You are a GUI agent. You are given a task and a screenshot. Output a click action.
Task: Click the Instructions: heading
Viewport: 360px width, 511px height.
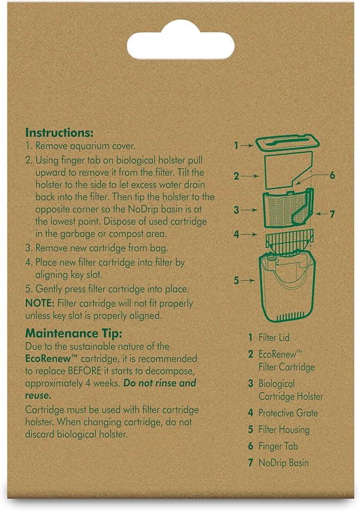59,133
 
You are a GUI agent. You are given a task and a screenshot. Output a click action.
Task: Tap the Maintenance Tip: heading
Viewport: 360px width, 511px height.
74,333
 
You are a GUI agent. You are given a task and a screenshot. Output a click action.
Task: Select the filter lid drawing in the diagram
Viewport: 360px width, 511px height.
287,143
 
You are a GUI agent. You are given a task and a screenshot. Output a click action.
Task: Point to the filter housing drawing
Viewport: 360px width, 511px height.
287,287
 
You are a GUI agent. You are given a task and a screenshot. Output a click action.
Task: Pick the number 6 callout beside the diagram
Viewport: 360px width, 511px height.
332,175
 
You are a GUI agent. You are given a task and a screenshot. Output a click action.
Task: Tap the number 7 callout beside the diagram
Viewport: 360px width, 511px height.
332,214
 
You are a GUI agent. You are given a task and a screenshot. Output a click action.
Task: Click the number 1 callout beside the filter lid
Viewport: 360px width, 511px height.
236,146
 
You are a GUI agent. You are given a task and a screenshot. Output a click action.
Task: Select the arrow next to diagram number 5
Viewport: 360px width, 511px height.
248,280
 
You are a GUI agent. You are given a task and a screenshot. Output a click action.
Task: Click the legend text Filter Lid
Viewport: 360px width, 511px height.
274,337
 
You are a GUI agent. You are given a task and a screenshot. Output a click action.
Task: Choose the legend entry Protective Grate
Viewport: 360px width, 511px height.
288,413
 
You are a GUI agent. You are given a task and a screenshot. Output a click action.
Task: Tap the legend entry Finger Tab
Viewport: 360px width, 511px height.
278,446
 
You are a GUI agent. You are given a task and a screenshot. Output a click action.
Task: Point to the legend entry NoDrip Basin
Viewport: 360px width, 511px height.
284,462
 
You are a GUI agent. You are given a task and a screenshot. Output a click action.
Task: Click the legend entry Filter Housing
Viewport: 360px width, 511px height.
284,429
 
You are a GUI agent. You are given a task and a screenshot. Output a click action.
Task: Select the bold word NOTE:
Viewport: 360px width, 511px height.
40,304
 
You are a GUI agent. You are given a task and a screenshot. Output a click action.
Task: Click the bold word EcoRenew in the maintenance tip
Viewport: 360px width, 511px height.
48,359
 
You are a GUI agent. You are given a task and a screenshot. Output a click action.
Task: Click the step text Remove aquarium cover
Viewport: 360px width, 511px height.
85,146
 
